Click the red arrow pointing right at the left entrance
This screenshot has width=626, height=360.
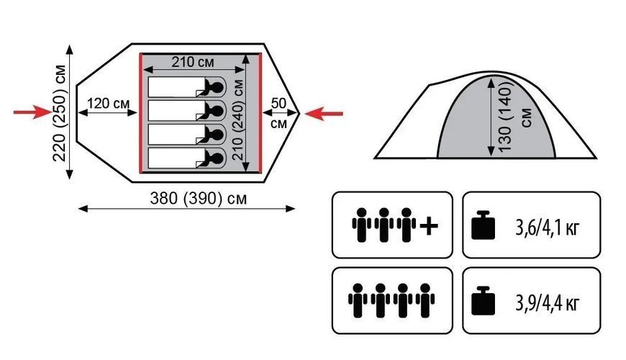tap(32, 112)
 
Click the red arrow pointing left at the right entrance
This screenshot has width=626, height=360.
tap(324, 114)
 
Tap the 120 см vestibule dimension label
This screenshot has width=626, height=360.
tap(109, 104)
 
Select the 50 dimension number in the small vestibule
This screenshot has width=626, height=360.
tap(278, 103)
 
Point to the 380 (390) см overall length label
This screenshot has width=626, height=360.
tap(199, 198)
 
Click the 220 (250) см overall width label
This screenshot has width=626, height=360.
tap(60, 112)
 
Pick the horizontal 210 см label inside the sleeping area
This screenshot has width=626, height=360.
tap(193, 62)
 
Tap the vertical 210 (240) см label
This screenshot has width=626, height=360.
tap(238, 120)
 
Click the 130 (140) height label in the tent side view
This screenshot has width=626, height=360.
tap(505, 116)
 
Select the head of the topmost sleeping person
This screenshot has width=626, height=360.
tap(216, 86)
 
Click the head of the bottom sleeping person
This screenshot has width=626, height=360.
tap(216, 158)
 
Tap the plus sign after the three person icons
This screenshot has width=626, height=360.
tap(429, 227)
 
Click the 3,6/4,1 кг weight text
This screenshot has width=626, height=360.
tap(547, 228)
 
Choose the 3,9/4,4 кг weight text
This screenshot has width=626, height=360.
tap(547, 303)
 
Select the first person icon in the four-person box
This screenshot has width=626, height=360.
tap(358, 300)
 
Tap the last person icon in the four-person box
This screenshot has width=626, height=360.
tap(425, 300)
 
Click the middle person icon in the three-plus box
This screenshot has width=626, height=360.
tap(384, 225)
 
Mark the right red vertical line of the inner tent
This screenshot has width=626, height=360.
tap(260, 113)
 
